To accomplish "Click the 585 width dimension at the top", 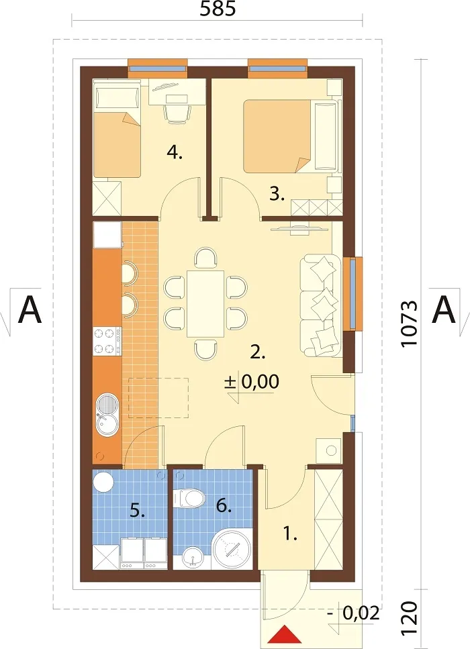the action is click(218, 9).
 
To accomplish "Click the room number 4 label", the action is click(175, 154).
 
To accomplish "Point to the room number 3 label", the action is click(277, 194).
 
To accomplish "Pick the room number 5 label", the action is click(138, 511).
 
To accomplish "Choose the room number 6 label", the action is click(223, 506).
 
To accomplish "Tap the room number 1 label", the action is click(290, 534).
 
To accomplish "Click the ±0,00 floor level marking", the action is click(252, 382).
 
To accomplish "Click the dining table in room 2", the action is click(206, 304).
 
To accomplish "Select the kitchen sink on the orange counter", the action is click(107, 414).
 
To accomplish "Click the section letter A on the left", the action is click(30, 309).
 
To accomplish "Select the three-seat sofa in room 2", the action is click(321, 305).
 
